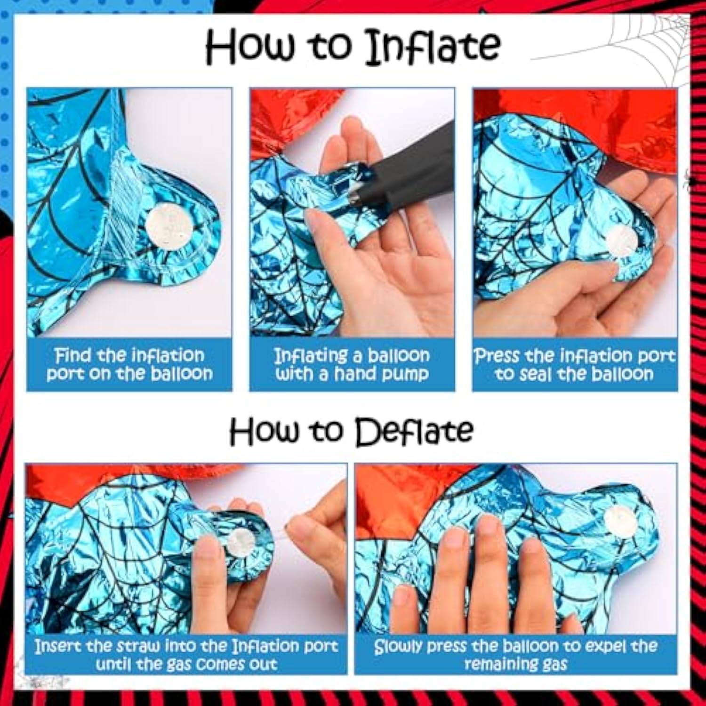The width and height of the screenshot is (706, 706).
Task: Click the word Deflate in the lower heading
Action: (414, 432)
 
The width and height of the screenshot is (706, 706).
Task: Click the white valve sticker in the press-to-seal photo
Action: (622, 240)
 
